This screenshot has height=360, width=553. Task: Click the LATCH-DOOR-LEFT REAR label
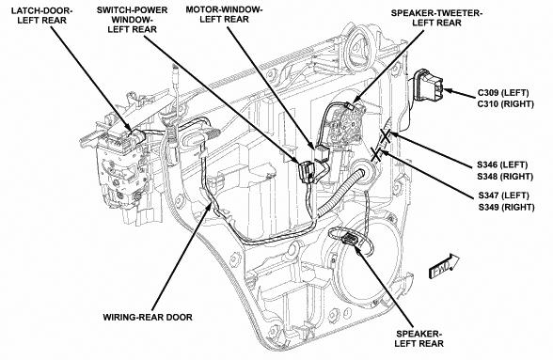tap(42, 15)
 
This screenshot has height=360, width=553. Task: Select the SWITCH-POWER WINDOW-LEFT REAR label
tap(133, 20)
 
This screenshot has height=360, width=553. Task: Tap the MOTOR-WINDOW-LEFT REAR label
tap(224, 14)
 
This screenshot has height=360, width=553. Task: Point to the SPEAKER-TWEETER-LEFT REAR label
tap(436, 18)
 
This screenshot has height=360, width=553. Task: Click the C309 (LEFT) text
tap(503, 93)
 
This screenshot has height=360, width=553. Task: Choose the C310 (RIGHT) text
tap(506, 104)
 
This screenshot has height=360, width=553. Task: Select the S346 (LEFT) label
tap(502, 164)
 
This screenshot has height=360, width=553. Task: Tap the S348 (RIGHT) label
tap(505, 176)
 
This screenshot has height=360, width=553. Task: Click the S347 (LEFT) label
tap(504, 196)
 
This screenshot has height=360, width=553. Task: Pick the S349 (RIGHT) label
tap(506, 207)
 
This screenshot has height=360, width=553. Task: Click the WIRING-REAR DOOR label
tap(148, 317)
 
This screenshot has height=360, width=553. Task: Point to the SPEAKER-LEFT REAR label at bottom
tap(419, 338)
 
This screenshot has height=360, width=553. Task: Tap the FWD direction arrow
tap(444, 266)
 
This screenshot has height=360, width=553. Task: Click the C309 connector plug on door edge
tap(427, 86)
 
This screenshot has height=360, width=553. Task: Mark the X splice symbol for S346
tap(386, 136)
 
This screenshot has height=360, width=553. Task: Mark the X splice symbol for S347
tap(377, 154)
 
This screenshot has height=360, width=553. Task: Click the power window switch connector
tap(307, 173)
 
